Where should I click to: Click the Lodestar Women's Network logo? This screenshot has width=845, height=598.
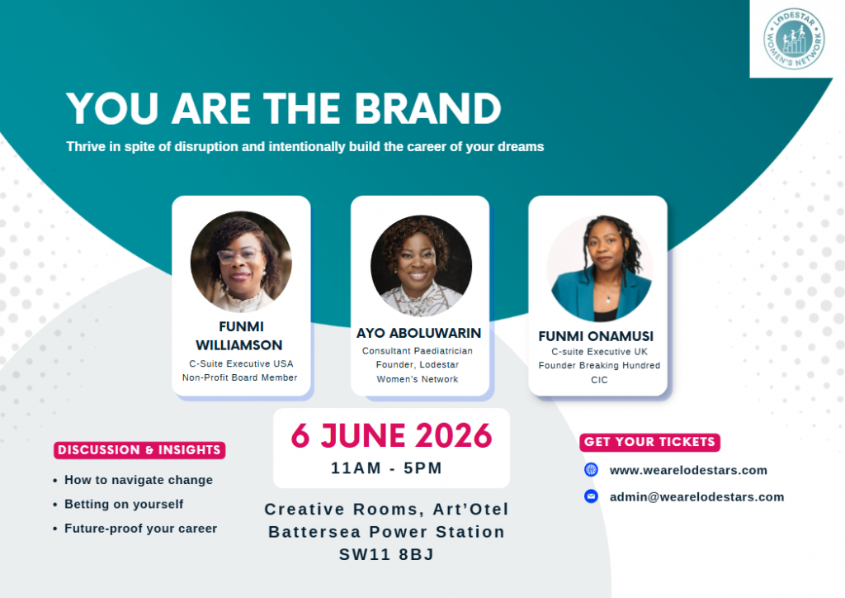(794, 39)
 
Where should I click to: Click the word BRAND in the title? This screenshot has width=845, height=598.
(428, 108)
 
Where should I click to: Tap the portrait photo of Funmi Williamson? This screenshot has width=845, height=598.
(241, 262)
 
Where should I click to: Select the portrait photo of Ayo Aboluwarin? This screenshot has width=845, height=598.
(421, 266)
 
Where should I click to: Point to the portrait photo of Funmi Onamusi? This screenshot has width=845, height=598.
(599, 268)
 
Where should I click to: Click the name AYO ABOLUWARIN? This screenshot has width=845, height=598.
(418, 333)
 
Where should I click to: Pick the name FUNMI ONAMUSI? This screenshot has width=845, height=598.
(596, 336)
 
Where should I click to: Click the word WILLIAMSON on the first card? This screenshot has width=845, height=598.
(239, 345)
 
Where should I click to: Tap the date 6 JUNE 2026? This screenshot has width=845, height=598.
(392, 435)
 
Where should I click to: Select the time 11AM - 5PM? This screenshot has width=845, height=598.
(386, 468)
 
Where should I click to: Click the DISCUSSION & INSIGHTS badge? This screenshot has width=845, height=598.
(139, 450)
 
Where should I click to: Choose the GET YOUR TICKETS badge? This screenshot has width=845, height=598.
(650, 442)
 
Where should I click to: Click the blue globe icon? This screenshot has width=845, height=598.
(591, 470)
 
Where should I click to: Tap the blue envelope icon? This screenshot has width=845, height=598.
(591, 496)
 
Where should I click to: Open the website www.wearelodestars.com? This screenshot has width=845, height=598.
(688, 470)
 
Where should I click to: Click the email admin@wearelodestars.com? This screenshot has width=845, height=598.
(696, 496)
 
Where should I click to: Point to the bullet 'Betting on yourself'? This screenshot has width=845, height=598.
(124, 504)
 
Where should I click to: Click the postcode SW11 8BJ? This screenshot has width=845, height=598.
(386, 554)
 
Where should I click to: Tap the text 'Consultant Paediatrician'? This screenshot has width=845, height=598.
(418, 351)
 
